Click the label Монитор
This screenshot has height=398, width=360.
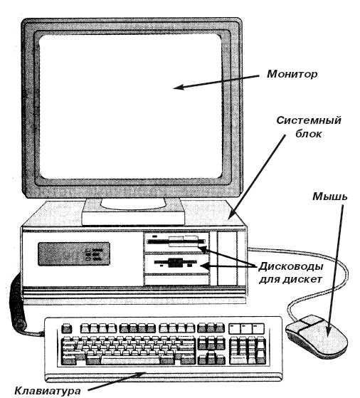point(292,74)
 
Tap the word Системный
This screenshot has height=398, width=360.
point(309,120)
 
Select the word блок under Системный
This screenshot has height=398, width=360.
point(308,134)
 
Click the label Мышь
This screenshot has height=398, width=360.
point(329,197)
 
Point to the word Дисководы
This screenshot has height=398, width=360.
point(291,266)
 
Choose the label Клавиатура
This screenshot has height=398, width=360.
point(48,390)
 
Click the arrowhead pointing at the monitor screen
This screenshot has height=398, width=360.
point(179,87)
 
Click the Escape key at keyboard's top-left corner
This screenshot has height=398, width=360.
point(67,328)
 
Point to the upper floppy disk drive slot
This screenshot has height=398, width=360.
point(176,241)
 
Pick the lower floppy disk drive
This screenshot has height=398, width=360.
point(176,264)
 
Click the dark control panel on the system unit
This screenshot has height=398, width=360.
point(74,254)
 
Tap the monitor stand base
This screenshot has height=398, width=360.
point(133,213)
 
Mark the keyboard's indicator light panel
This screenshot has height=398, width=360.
point(246,328)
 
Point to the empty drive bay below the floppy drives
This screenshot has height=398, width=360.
point(176,280)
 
